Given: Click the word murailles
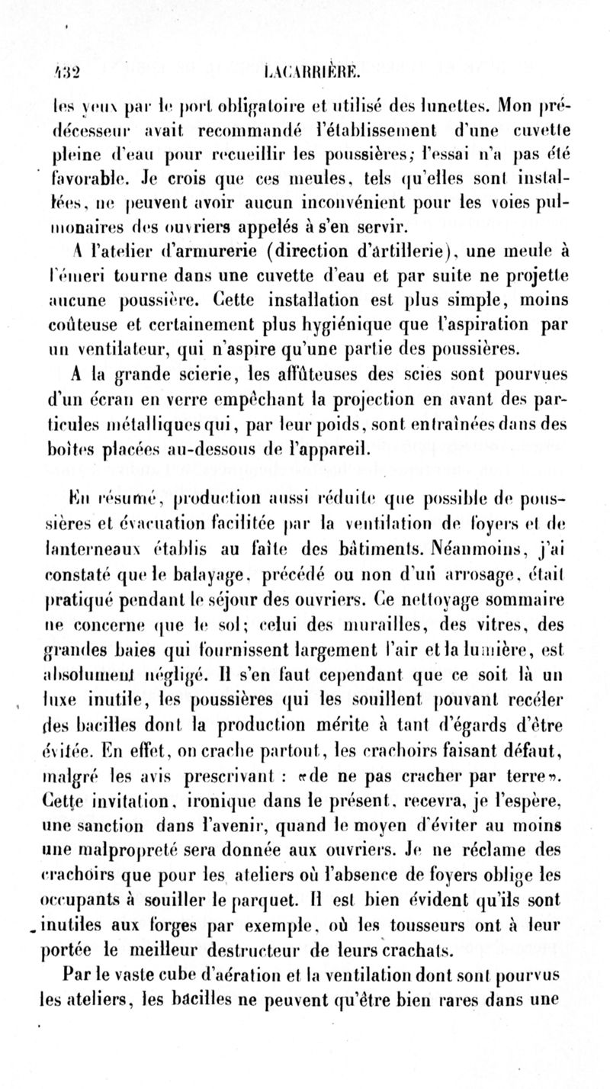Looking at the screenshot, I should pos(406,583).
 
